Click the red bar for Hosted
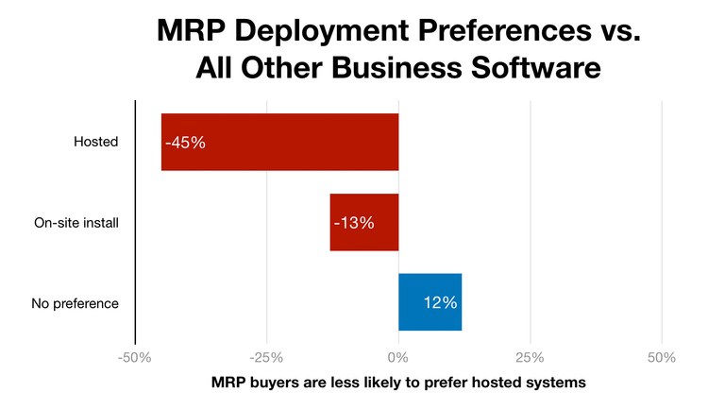(x=279, y=142)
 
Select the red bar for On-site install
(x=363, y=222)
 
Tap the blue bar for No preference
(x=430, y=302)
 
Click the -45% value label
(x=185, y=143)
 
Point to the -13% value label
(x=354, y=223)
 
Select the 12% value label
(x=440, y=303)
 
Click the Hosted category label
(x=95, y=143)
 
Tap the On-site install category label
(x=76, y=223)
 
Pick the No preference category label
(x=76, y=303)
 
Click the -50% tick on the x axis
(x=134, y=358)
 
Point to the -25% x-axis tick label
(x=266, y=358)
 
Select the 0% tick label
(x=398, y=358)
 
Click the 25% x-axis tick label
(x=531, y=358)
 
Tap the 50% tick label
(x=662, y=358)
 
